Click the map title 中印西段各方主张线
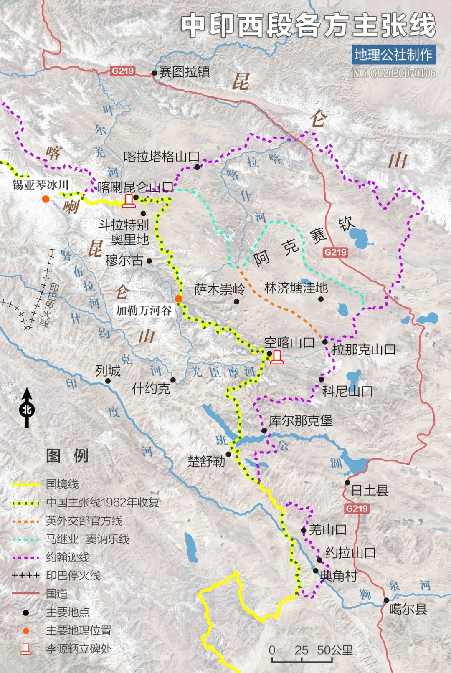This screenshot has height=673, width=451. tap(308, 25)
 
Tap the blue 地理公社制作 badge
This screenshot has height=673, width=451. tap(393, 55)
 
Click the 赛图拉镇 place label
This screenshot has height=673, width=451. tap(184, 72)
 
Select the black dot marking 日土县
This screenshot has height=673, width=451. tap(347, 482)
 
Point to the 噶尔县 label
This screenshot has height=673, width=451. tap(408, 609)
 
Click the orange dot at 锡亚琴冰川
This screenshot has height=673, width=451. tap(46, 199)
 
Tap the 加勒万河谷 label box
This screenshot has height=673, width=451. tap(144, 310)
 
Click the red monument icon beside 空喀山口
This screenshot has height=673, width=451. tap(276, 357)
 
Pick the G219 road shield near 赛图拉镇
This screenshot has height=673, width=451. tap(123, 71)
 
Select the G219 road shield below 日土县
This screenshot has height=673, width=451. tap(357, 509)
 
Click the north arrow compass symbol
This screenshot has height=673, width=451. tap(27, 408)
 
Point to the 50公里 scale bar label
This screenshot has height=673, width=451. tap(334, 650)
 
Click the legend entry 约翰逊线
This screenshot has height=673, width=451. tap(68, 557)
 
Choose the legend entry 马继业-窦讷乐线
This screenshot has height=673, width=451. tap(88, 539)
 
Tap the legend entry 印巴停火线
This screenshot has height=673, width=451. tap(73, 575)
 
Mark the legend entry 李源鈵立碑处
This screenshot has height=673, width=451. tap(78, 649)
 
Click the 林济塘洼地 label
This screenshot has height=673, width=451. tap(296, 288)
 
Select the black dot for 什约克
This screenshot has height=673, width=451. tap(173, 380)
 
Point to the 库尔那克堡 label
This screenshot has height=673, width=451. tap(300, 420)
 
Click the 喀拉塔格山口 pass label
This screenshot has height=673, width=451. tap(161, 157)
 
